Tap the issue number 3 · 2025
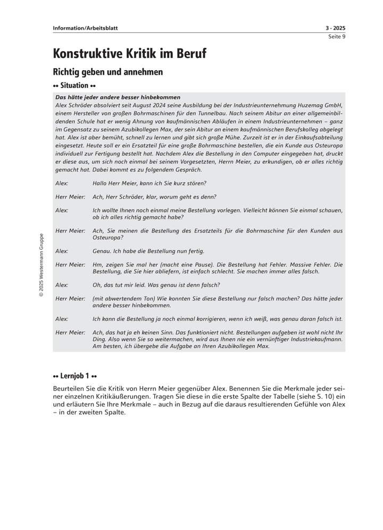coord(335,28)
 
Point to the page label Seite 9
coord(337,37)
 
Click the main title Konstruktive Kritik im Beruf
coord(130,54)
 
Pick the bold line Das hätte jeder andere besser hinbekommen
coord(118,97)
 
